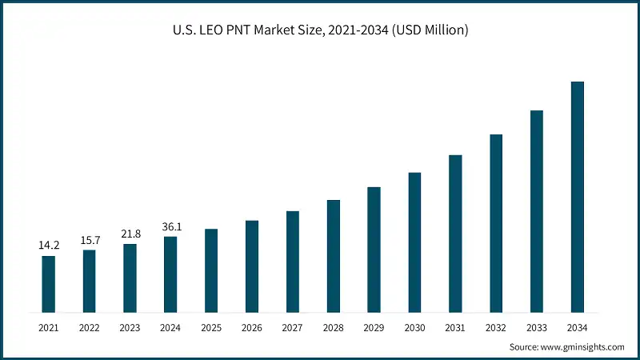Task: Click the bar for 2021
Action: pos(49,284)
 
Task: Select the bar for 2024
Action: pos(170,274)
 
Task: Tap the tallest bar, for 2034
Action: pos(577,197)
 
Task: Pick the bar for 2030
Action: pos(414,242)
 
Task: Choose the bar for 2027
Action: pos(293,262)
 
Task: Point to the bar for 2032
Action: pos(496,223)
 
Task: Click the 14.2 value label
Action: pos(49,246)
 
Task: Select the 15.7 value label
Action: pos(90,240)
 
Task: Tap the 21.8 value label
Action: pos(130,234)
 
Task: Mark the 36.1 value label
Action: pos(170,226)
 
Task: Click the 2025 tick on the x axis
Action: pos(211,328)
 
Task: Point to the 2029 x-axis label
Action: pos(374,328)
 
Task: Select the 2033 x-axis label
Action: pos(536,328)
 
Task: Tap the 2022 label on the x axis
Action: pos(90,328)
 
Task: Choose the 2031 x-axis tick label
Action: pos(455,328)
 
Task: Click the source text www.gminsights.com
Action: pos(582,347)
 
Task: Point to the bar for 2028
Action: pos(334,256)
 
